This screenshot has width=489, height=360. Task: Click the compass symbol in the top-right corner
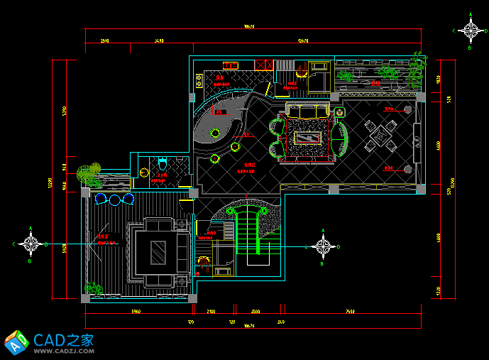click(471, 31)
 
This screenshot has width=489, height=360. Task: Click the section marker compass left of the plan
click(31, 244)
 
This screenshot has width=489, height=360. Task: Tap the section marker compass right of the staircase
click(324, 246)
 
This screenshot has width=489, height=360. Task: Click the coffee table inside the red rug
click(309, 136)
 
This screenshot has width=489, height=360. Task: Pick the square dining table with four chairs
click(381, 135)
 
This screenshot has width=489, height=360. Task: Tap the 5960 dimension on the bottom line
click(136, 311)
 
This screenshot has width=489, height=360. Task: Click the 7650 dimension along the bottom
click(350, 311)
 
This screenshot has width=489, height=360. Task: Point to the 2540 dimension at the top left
click(104, 41)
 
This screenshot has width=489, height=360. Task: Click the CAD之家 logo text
click(64, 339)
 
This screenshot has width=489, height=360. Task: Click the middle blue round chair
click(115, 200)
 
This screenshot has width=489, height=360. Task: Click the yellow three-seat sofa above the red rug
click(308, 111)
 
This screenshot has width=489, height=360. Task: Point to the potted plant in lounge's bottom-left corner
click(93, 288)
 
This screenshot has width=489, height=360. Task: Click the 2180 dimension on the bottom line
click(211, 311)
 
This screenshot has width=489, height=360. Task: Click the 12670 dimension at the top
click(303, 41)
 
